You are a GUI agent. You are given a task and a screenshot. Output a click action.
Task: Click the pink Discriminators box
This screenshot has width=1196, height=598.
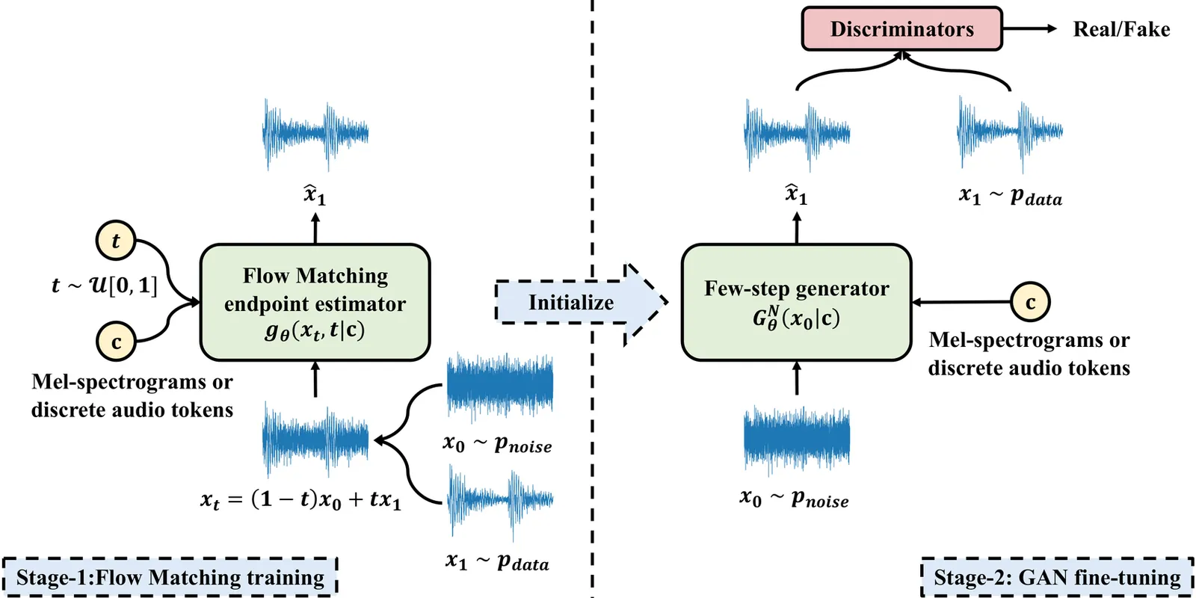tap(901, 29)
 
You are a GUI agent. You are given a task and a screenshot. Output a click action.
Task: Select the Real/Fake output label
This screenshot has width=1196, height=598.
tap(1121, 29)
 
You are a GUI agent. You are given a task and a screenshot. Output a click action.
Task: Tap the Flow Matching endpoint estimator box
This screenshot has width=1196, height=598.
tap(315, 302)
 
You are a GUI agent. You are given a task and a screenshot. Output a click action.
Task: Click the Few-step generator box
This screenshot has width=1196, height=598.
tap(796, 302)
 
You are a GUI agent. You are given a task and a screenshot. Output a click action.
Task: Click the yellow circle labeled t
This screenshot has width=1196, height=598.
tap(115, 241)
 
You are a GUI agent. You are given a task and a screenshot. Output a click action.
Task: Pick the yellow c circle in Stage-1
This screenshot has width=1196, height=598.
tap(115, 342)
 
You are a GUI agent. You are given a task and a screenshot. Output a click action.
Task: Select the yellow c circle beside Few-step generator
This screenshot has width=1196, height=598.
tap(1030, 302)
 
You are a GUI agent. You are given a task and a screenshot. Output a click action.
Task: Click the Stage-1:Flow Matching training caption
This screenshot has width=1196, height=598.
tap(170, 577)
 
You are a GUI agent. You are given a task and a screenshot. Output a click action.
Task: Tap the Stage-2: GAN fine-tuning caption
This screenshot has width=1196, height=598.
tap(1057, 577)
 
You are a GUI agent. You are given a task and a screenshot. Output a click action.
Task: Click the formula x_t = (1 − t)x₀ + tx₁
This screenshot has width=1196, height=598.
tap(300, 499)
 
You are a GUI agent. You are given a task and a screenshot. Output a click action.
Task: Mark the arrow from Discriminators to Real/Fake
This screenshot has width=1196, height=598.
tap(1029, 29)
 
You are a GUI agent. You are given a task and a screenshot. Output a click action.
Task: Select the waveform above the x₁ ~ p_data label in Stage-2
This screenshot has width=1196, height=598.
tap(1010, 133)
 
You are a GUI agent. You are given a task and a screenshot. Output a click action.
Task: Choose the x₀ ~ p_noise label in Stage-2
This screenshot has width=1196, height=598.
tap(794, 499)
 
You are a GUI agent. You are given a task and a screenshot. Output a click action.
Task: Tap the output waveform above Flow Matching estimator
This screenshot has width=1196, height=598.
tap(315, 135)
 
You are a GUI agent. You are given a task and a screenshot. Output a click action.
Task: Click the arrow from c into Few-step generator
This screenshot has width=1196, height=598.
tap(961, 302)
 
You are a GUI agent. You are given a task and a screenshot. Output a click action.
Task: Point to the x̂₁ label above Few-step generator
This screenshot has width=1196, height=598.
tap(796, 194)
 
